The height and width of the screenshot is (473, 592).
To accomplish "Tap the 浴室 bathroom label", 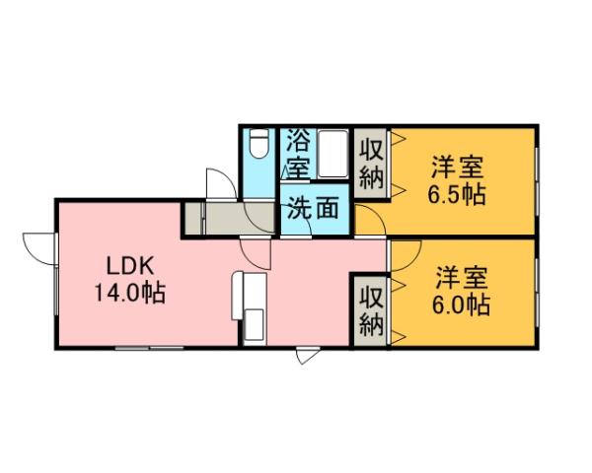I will click(297, 154).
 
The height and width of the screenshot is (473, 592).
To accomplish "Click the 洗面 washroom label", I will click(314, 208).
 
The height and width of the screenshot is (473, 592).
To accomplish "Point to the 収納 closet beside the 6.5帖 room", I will click(370, 165).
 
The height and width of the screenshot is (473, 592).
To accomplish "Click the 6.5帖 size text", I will click(456, 194).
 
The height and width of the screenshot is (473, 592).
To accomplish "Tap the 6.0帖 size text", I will click(462, 304).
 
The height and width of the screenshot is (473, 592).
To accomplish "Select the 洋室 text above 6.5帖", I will click(456, 165).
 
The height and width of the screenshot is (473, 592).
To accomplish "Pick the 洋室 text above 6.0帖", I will click(462, 275).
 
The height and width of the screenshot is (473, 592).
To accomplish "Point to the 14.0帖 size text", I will click(129, 293).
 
